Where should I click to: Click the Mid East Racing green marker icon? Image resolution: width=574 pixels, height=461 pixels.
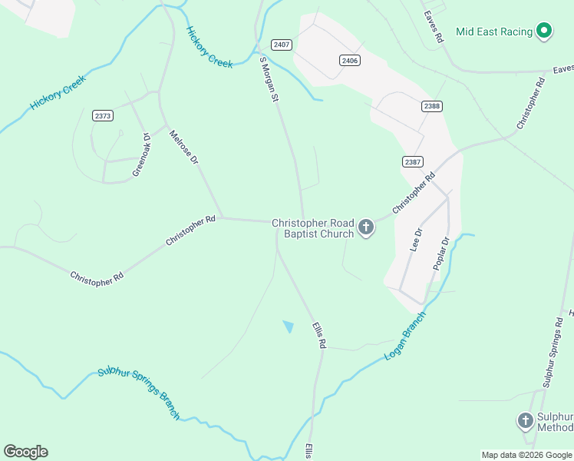(x=544, y=32)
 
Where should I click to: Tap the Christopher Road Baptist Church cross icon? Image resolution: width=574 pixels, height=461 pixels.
(x=366, y=227)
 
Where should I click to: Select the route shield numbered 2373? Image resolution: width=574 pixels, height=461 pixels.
(x=103, y=115)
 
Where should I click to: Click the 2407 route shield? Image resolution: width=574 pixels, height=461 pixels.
(x=282, y=45)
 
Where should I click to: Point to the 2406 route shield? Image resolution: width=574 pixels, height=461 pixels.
(x=350, y=60)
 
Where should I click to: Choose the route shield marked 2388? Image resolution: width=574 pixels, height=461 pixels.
(x=431, y=106)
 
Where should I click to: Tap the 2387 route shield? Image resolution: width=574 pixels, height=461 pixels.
(x=412, y=161)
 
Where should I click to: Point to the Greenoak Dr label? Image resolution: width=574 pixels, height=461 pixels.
(x=141, y=156)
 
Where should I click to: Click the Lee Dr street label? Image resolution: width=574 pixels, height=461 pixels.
(x=417, y=240)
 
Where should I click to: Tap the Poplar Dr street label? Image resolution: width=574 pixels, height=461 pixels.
(x=440, y=253)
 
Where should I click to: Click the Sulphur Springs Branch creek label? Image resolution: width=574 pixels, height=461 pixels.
(x=138, y=394)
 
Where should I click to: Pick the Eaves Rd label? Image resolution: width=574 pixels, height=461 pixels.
(x=434, y=26)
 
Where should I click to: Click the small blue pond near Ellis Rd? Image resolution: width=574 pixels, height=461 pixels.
(x=289, y=327)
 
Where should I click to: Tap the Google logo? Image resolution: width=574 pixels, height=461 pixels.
(x=25, y=452)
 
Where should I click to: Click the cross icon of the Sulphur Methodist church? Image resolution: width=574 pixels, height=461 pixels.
(x=525, y=420)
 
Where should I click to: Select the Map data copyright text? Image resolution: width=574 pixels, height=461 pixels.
(x=526, y=455)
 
